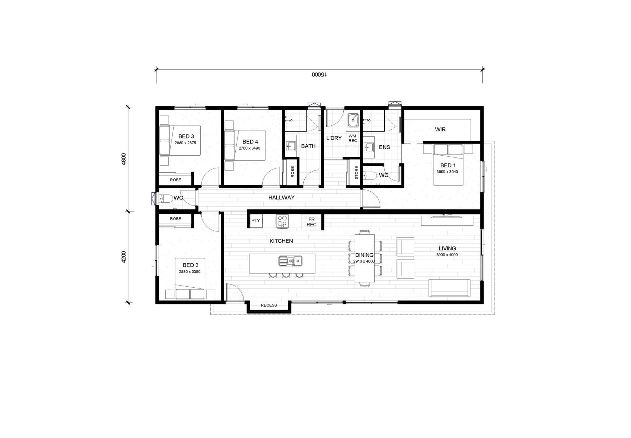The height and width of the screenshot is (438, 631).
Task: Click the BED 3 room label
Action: tap(186, 136)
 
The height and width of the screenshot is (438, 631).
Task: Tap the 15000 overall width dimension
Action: tap(319, 75)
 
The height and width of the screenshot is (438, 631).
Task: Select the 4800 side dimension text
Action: tap(124, 159)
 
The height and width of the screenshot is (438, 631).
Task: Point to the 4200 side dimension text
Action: tap(124, 257)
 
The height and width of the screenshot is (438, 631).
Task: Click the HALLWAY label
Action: tap(281, 197)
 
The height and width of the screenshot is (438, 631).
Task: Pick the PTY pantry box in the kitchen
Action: tap(256, 221)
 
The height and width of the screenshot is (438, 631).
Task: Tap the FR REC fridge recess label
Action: tap(312, 222)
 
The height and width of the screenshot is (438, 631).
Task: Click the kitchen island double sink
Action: tap(290, 261)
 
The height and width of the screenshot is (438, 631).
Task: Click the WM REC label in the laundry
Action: tap(353, 139)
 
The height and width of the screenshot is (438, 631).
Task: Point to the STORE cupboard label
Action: tap(356, 172)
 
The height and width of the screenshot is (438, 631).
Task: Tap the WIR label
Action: tap(440, 129)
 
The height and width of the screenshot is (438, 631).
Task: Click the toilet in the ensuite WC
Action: tap(369, 175)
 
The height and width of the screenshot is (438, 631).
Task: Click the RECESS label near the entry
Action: tap(269, 305)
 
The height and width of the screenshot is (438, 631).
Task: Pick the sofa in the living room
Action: tap(449, 288)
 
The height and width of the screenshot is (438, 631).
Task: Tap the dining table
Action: tap(365, 258)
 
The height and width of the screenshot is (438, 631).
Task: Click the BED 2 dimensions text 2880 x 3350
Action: tap(190, 272)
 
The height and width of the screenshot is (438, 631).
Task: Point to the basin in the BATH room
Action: tap(291, 145)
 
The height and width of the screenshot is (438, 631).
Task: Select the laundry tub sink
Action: tap(353, 121)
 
